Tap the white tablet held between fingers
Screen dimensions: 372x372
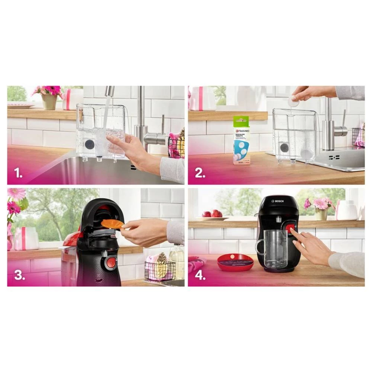tap(294, 101)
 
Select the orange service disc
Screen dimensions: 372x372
tap(112, 224)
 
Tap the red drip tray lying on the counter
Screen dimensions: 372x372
tap(235, 262)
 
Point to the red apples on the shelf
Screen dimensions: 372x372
tap(212, 214)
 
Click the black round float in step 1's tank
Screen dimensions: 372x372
tap(89, 144)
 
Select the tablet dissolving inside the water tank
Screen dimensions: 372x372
tap(306, 153)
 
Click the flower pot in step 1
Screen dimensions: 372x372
tap(49, 101)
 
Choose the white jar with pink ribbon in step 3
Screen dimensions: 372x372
tap(26, 238)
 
